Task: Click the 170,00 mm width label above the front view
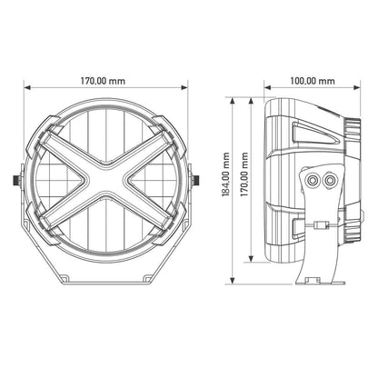pos(107,81)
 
